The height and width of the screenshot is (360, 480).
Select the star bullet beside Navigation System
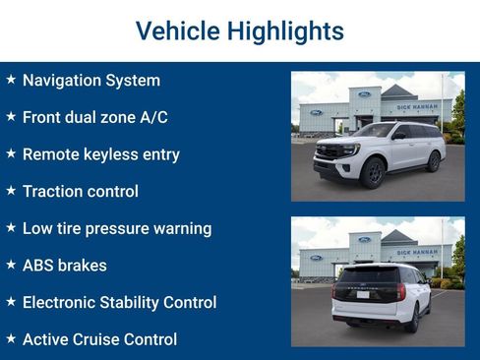point(11,80)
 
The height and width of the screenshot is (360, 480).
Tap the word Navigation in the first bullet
point(62,81)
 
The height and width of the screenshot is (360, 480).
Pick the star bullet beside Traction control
point(11,190)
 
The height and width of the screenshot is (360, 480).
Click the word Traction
point(54,191)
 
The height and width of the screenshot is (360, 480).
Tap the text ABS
point(38,266)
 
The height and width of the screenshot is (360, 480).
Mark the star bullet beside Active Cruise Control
point(11,338)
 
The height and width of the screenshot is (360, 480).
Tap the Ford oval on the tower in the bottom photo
point(364,239)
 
